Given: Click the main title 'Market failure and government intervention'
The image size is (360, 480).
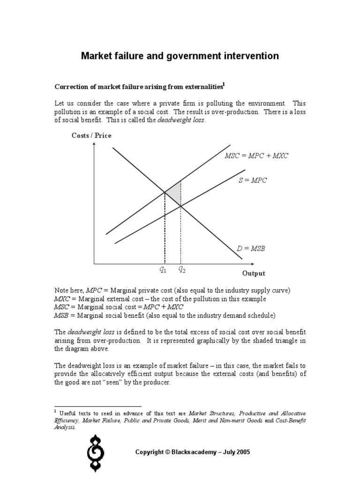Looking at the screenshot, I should click(180, 56).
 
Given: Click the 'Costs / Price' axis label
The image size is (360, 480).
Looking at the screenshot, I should click(91, 135).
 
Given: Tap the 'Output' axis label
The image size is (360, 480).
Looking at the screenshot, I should click(253, 273).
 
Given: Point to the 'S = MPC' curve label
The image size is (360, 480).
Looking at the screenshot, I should click(252, 180).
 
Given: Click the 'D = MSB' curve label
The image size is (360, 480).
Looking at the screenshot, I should click(251, 248).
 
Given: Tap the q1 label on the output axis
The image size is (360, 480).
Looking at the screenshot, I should click(163, 270).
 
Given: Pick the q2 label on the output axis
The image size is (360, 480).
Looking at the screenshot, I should click(182, 270).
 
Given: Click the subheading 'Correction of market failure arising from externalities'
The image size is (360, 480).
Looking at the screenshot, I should click(138, 87).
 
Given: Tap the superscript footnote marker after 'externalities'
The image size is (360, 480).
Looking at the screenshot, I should click(224, 84).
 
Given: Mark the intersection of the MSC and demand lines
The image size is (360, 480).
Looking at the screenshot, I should click(165, 191).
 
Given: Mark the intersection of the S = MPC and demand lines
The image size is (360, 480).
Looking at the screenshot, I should click(181, 206).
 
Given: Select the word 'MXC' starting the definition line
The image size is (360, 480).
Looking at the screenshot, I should click(62, 299).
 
